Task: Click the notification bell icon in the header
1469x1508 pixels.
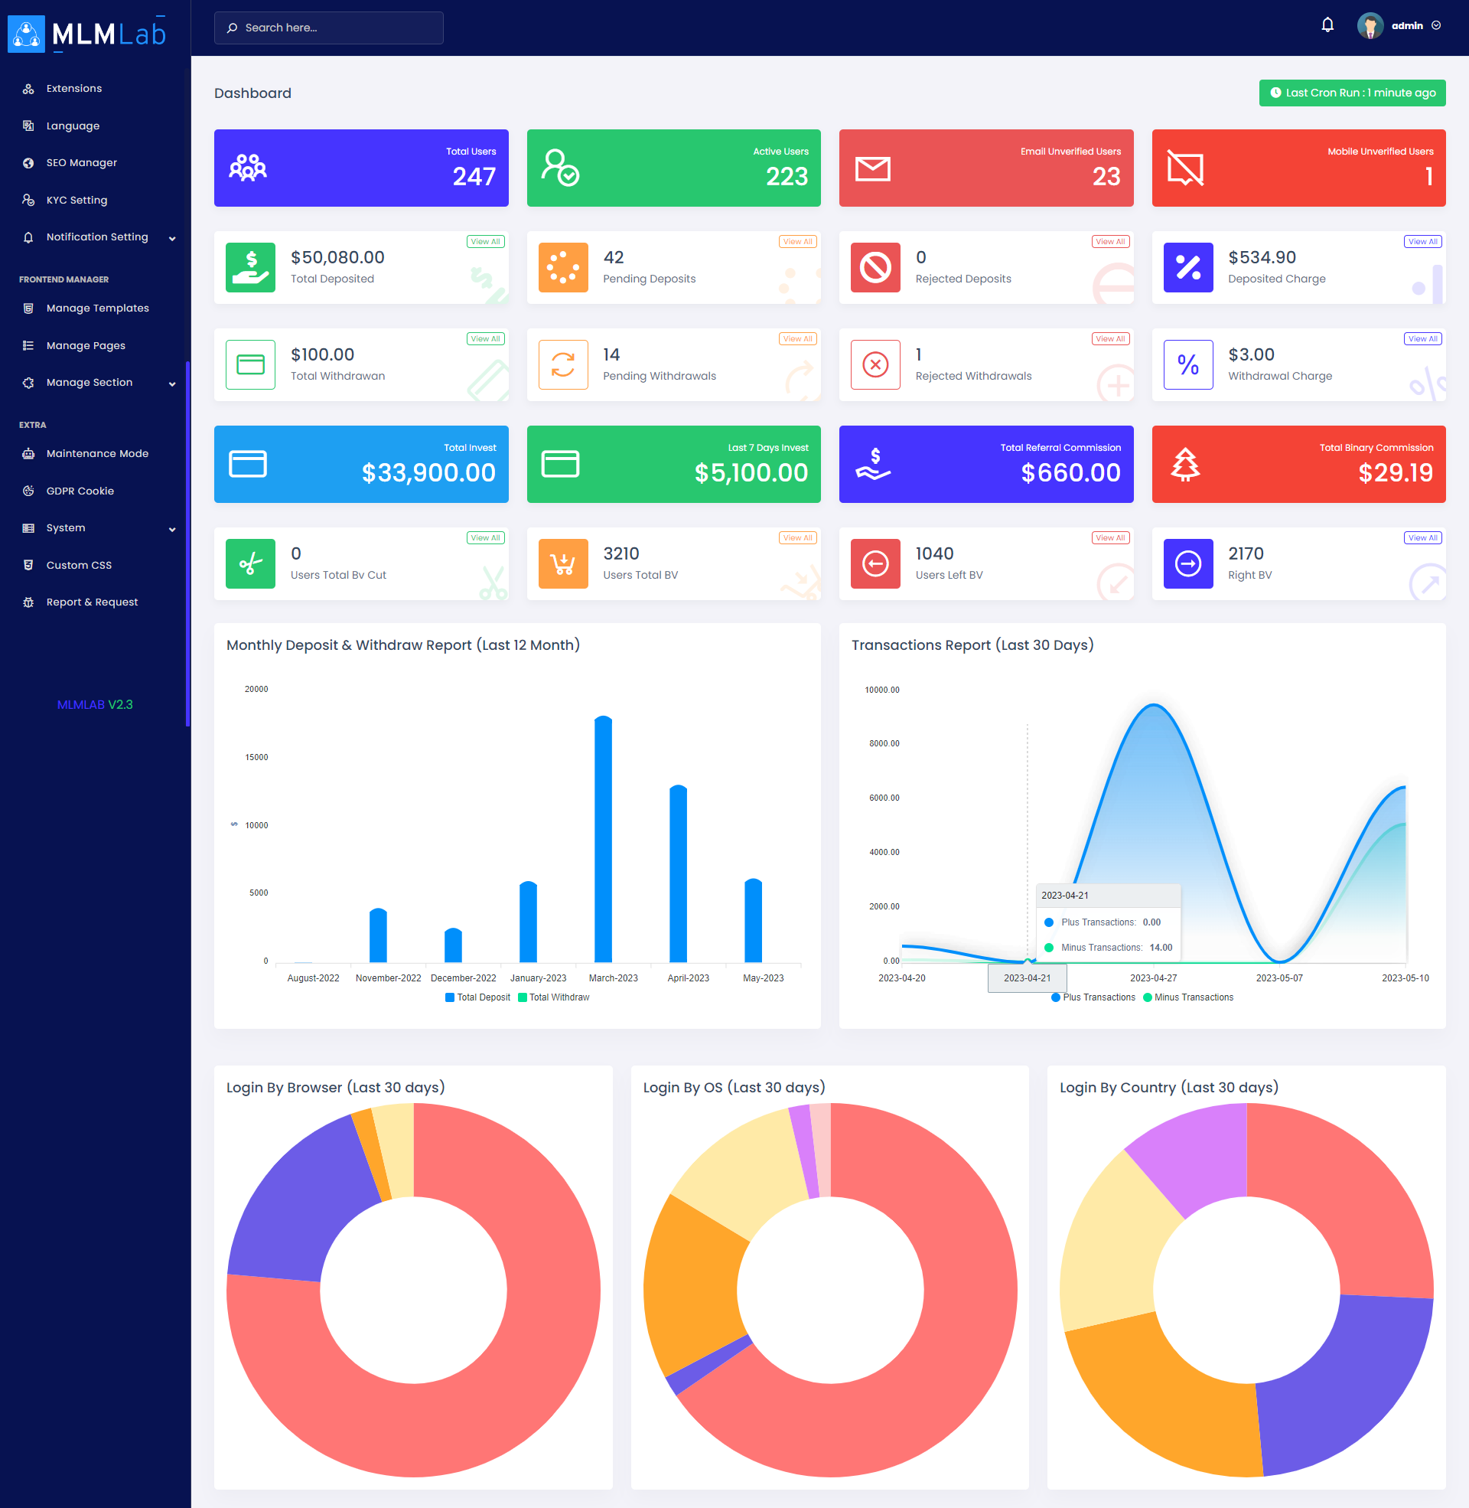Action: click(x=1327, y=25)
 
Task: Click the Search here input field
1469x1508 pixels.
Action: click(x=329, y=28)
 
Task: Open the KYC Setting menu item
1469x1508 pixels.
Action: click(x=77, y=200)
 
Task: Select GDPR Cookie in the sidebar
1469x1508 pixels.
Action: click(x=80, y=491)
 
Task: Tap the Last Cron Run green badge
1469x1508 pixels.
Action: click(x=1352, y=93)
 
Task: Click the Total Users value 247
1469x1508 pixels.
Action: click(x=474, y=177)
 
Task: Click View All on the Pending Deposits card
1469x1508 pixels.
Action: click(x=797, y=242)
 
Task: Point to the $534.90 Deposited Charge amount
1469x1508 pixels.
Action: click(x=1262, y=257)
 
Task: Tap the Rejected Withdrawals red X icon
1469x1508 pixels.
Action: click(x=875, y=364)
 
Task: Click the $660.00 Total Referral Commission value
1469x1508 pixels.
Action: click(x=1070, y=472)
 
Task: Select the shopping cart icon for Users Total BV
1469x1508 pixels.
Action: click(x=562, y=564)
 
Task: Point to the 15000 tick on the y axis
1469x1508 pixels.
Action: click(x=256, y=757)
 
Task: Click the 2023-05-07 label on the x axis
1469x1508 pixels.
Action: click(x=1278, y=978)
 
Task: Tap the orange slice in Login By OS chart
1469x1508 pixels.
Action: click(x=691, y=1281)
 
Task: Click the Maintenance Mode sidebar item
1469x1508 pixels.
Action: click(x=96, y=454)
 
